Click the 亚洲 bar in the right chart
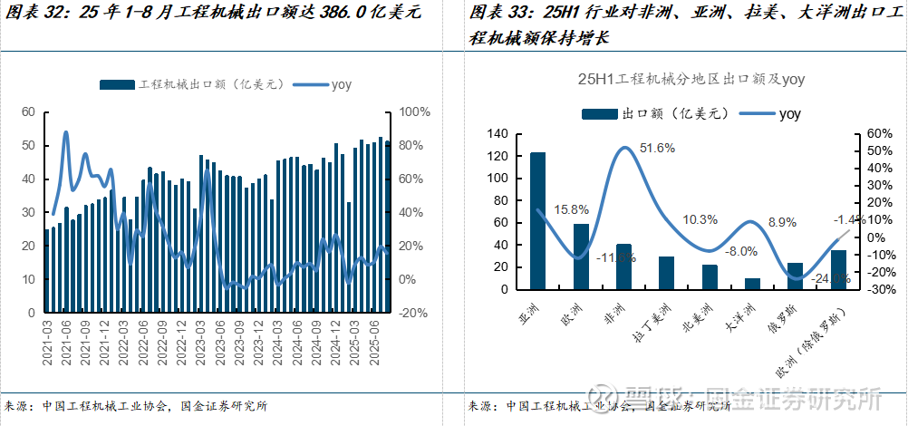coord(538,221)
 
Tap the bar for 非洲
coord(623,266)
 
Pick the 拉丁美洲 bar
coord(666,273)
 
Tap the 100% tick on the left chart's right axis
coord(413,111)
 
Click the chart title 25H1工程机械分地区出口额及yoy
coord(691,80)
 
